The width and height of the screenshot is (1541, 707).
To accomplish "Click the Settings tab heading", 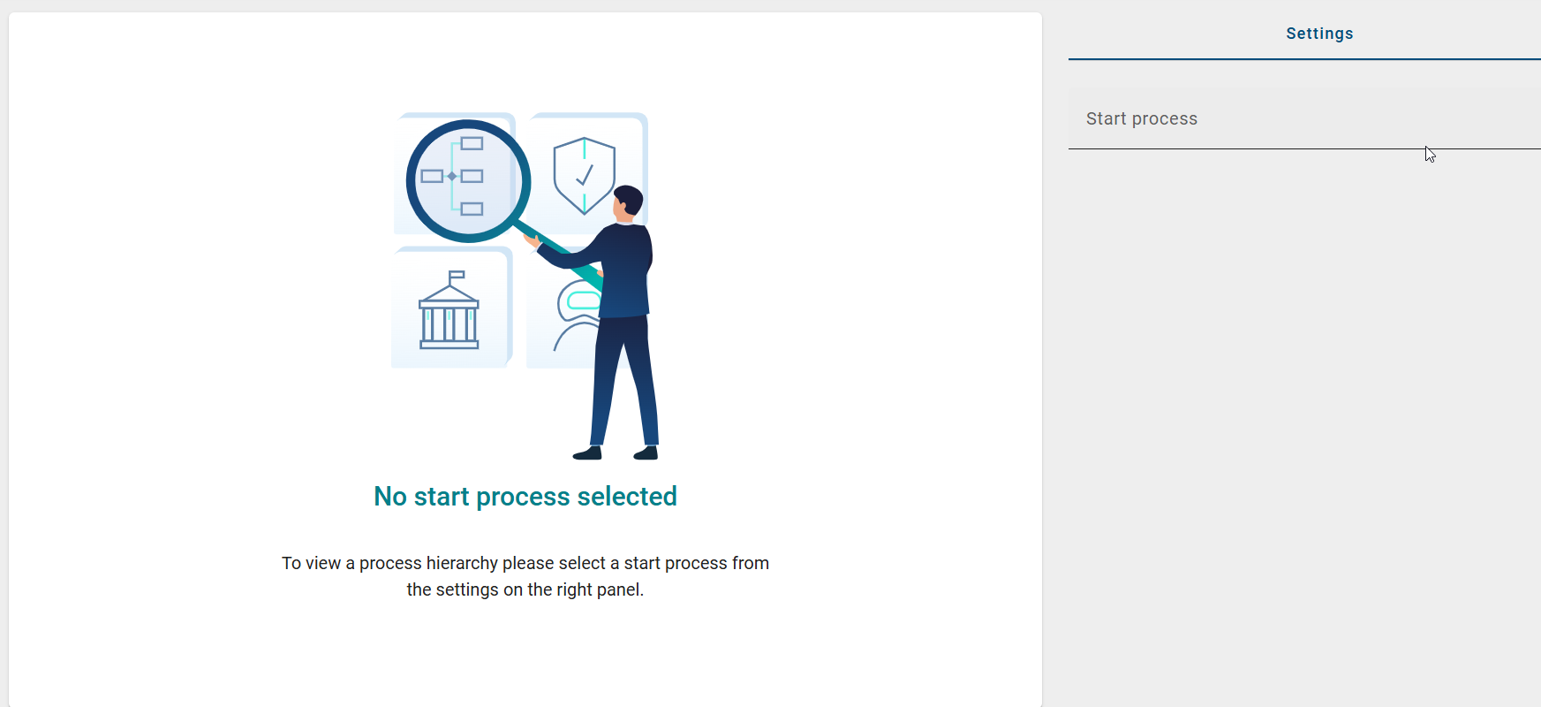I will pos(1319,34).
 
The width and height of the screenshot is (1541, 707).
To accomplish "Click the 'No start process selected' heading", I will pos(525,497).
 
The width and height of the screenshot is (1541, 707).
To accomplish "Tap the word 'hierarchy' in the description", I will pos(462,563).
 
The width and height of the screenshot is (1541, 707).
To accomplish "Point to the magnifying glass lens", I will pos(468,180).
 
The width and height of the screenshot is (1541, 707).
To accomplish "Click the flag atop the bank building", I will pos(457,276).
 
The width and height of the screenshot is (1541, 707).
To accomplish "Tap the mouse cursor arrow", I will pos(1430,154).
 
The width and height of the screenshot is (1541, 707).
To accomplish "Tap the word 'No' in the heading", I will pos(390,497).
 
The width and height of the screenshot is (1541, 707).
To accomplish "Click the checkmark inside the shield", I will pos(584,175).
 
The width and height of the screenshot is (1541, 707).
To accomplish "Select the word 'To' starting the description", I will pos(291,563).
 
